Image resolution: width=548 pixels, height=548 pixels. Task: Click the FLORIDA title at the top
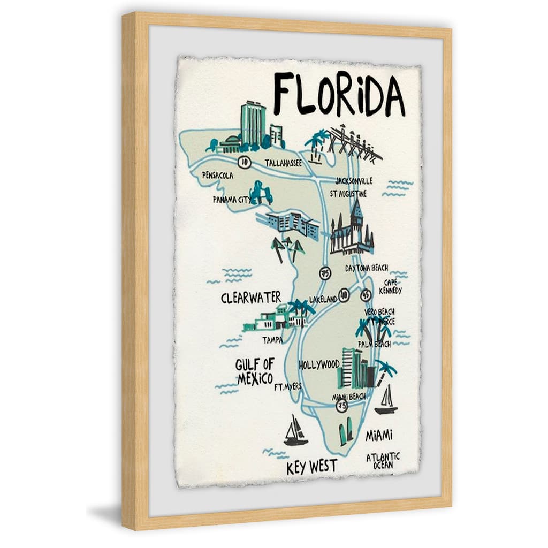pyautogui.click(x=339, y=95)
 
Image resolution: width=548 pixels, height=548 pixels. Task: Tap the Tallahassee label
pyautogui.click(x=283, y=162)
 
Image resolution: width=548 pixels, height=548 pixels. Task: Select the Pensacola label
pyautogui.click(x=218, y=175)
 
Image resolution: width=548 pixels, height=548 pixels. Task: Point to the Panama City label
pyautogui.click(x=231, y=199)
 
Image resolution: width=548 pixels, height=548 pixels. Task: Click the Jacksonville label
pyautogui.click(x=353, y=181)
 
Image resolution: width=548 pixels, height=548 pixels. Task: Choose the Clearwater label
pyautogui.click(x=250, y=298)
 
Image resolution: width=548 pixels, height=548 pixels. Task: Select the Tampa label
pyautogui.click(x=272, y=340)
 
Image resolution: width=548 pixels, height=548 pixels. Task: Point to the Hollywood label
pyautogui.click(x=319, y=365)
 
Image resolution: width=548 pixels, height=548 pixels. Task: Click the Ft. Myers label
pyautogui.click(x=287, y=386)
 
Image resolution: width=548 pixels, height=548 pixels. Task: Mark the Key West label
pyautogui.click(x=312, y=467)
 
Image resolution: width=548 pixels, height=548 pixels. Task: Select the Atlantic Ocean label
pyautogui.click(x=383, y=460)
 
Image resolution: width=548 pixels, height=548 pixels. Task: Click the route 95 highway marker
pyautogui.click(x=366, y=294)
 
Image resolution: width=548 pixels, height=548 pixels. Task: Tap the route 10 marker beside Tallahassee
pyautogui.click(x=244, y=161)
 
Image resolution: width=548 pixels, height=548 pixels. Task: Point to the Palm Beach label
pyautogui.click(x=374, y=344)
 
